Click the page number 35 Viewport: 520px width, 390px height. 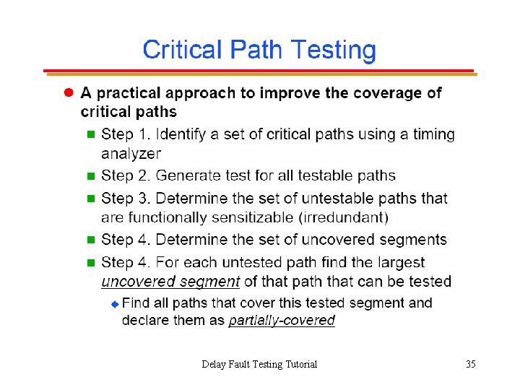click(x=470, y=364)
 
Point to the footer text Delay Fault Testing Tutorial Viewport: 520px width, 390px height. click(x=259, y=364)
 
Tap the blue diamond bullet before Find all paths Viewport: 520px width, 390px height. click(x=113, y=303)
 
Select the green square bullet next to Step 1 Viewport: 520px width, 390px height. click(x=90, y=134)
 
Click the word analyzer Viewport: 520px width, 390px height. click(x=131, y=153)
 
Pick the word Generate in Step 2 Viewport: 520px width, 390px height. click(x=188, y=175)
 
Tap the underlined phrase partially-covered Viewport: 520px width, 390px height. click(x=282, y=320)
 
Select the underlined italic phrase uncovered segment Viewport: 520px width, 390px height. click(x=170, y=281)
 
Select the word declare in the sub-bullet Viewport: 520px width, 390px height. click(x=147, y=320)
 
